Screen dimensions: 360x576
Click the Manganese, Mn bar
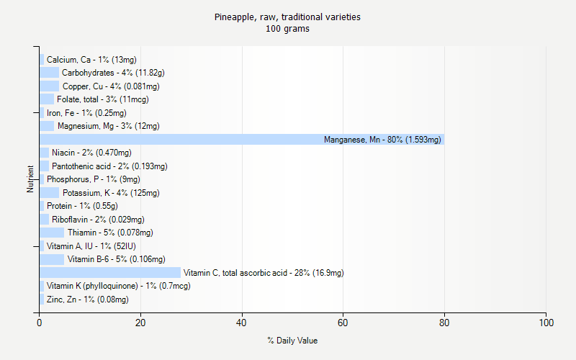pos(242,140)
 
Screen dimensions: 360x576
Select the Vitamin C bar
pos(110,273)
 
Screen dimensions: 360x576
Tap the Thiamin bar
pos(52,233)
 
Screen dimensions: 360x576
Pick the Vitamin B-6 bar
pos(52,259)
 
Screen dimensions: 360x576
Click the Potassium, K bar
pos(49,193)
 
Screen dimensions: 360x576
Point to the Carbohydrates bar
pos(49,73)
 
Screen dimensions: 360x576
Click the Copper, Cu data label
pos(111,86)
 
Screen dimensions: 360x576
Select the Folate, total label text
pos(103,99)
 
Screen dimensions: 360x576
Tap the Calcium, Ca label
pos(91,60)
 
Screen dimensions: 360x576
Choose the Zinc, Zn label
pos(88,300)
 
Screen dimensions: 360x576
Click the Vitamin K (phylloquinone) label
pos(118,286)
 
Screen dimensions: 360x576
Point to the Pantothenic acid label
pos(109,166)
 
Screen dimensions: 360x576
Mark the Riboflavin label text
pos(98,220)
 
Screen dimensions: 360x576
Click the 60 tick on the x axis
pos(343,323)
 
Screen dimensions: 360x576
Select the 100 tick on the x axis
pos(546,323)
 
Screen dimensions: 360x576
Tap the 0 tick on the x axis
pos(40,323)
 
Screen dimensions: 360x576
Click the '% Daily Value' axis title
pos(292,341)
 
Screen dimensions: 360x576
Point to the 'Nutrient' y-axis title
pos(31,179)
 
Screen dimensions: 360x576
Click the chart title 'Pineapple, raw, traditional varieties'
pos(287,17)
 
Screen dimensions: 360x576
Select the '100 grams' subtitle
pos(287,29)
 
